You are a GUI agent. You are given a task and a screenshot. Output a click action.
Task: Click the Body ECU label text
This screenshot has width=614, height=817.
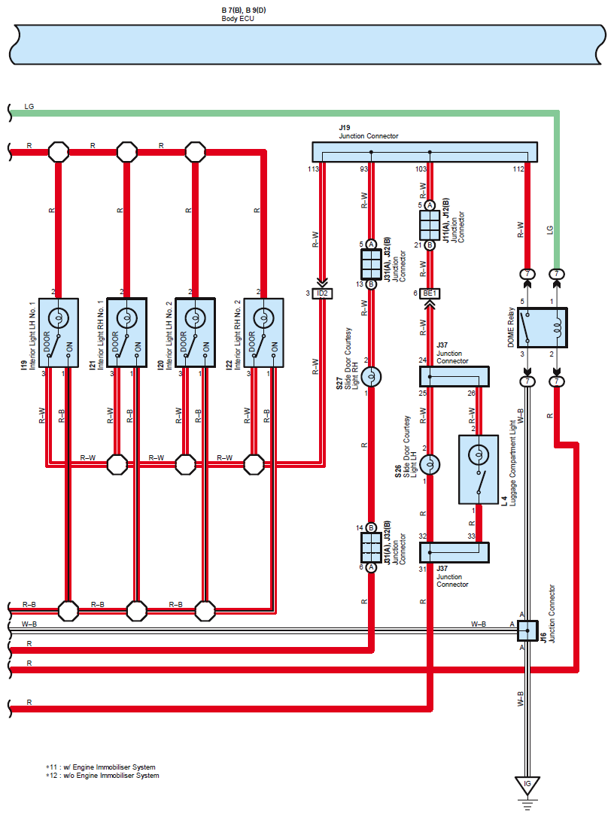click(238, 19)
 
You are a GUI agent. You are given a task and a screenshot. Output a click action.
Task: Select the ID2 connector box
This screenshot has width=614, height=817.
click(322, 293)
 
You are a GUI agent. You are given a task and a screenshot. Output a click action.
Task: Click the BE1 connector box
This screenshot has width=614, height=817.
click(430, 293)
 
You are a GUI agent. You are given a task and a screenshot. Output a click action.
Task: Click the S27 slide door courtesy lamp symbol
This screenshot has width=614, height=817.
click(371, 377)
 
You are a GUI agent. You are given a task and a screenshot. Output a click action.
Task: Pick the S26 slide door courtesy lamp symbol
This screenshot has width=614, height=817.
click(430, 464)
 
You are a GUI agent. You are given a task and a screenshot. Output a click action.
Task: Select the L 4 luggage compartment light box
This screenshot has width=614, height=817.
click(479, 469)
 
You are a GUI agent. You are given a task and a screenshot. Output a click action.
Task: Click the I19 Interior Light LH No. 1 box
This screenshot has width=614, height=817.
click(59, 333)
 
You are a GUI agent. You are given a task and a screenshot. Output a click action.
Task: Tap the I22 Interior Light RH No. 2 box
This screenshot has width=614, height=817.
click(264, 333)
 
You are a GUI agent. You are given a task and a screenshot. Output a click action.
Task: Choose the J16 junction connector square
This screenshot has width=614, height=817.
click(527, 630)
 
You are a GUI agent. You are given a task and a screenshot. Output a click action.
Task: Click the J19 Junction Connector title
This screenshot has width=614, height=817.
click(369, 132)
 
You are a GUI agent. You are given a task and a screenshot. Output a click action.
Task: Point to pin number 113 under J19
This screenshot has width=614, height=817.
click(313, 169)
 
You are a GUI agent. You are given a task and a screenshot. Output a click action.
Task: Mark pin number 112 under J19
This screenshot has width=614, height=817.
click(518, 169)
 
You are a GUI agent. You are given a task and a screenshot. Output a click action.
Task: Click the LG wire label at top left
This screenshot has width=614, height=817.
click(29, 106)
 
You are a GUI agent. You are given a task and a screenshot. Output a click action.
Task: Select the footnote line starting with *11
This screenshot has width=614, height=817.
click(101, 767)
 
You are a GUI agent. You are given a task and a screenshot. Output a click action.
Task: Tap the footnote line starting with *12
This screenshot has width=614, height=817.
click(102, 776)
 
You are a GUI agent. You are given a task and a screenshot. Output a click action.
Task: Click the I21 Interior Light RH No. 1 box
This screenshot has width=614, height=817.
click(126, 333)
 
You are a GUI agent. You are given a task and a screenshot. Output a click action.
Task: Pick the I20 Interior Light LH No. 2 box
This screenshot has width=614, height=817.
click(196, 333)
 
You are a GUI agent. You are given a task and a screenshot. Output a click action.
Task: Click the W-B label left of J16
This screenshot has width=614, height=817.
click(479, 624)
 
